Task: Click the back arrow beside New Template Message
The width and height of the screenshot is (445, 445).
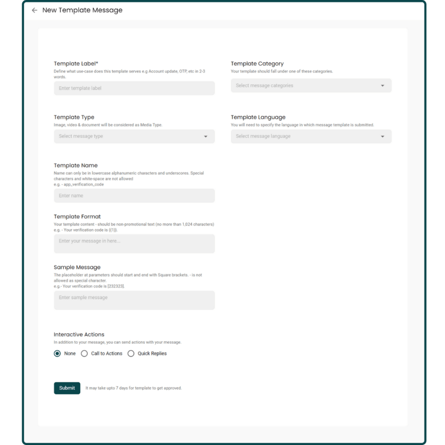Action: point(35,10)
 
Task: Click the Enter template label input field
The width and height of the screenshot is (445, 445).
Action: point(134,88)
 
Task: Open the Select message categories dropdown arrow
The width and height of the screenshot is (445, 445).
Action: point(382,86)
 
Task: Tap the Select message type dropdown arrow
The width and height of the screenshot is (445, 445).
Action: point(206,136)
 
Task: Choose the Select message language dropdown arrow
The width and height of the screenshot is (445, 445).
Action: point(382,136)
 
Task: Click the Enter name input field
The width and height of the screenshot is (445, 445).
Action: point(134,196)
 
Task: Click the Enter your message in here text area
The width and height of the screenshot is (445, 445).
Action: point(134,243)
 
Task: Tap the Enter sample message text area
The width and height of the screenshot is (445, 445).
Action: point(134,300)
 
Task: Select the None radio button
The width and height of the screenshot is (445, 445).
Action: point(57,354)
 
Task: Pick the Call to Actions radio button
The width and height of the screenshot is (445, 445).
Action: point(84,354)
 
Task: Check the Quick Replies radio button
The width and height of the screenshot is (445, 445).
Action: point(131,354)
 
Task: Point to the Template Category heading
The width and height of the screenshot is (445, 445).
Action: point(257,63)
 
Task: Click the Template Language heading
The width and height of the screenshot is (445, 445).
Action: point(258,117)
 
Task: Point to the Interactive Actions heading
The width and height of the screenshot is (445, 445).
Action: point(79,335)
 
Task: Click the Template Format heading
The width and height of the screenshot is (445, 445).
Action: point(77,216)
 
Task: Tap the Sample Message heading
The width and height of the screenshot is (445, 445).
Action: point(77,267)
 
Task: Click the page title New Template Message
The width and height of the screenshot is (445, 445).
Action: point(82,10)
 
